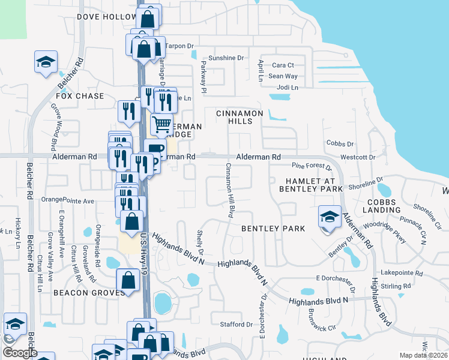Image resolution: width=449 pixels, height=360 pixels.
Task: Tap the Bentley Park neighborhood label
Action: (x=273, y=229)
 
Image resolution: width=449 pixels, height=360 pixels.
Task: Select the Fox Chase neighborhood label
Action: (x=80, y=96)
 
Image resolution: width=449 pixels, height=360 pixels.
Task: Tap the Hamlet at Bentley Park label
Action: (x=306, y=185)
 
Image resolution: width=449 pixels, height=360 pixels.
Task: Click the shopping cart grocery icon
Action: (x=161, y=124)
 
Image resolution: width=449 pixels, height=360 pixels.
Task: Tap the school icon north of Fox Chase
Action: (x=45, y=62)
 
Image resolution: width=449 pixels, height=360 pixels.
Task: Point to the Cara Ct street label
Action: (x=283, y=65)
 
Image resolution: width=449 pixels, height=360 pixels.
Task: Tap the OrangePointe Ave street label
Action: (x=68, y=200)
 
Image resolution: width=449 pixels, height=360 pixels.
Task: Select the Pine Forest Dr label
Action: (x=311, y=166)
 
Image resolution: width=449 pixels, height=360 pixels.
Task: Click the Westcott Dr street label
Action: (x=358, y=157)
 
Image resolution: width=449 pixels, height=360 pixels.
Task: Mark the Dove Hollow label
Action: (x=107, y=17)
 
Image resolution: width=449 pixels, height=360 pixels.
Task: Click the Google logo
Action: (x=19, y=353)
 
